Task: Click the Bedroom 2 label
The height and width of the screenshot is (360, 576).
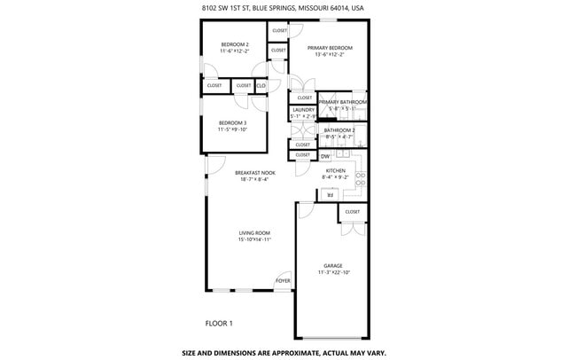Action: pyautogui.click(x=234, y=44)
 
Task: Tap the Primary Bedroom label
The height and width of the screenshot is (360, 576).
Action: pyautogui.click(x=329, y=48)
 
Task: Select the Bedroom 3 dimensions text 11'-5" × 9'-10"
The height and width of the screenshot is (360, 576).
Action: pyautogui.click(x=233, y=129)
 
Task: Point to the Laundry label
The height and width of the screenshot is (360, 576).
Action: pyautogui.click(x=302, y=110)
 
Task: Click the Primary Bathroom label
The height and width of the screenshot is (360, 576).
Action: pyautogui.click(x=342, y=102)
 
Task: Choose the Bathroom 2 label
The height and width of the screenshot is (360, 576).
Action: pyautogui.click(x=339, y=130)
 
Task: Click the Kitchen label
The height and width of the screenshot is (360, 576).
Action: pyautogui.click(x=334, y=170)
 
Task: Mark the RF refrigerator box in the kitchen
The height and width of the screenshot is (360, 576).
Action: pyautogui.click(x=331, y=195)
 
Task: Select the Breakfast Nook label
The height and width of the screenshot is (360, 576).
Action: pyautogui.click(x=254, y=173)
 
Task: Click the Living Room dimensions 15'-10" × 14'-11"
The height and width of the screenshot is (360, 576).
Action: pyautogui.click(x=253, y=239)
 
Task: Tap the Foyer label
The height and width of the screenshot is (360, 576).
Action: pyautogui.click(x=283, y=280)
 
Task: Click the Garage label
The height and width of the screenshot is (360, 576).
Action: pyautogui.click(x=332, y=265)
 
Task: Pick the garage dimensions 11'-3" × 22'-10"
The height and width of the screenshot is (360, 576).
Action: pyautogui.click(x=332, y=272)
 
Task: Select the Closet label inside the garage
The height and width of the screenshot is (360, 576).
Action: pyautogui.click(x=352, y=212)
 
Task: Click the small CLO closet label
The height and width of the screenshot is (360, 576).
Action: pyautogui.click(x=261, y=85)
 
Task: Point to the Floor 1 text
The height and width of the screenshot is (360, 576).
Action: pyautogui.click(x=219, y=322)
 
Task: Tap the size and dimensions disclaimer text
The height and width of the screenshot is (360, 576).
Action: pyautogui.click(x=284, y=352)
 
